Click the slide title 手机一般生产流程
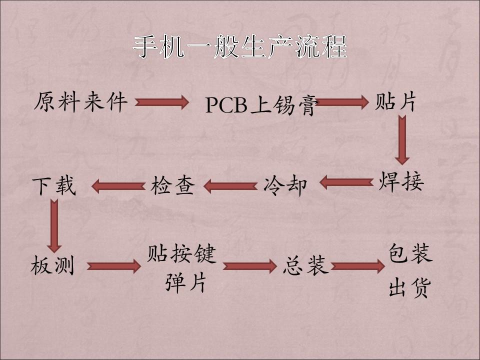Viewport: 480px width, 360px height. click(x=240, y=47)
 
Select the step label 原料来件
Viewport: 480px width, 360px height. click(x=80, y=102)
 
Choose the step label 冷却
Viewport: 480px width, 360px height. click(x=285, y=185)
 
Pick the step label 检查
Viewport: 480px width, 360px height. click(x=172, y=185)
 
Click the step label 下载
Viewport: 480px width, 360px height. click(x=54, y=186)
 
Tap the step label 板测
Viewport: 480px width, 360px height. click(x=52, y=264)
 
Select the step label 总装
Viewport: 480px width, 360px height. click(x=305, y=265)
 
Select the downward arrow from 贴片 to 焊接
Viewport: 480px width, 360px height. click(x=402, y=140)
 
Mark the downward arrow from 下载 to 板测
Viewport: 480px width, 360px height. click(x=54, y=225)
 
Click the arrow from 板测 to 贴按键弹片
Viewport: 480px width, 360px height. click(x=113, y=265)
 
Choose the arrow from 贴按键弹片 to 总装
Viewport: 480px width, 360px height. click(x=249, y=265)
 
